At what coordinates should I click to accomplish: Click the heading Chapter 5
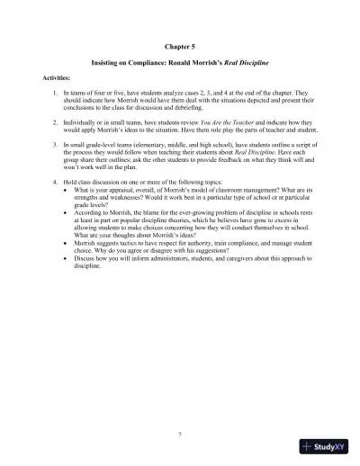179,44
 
